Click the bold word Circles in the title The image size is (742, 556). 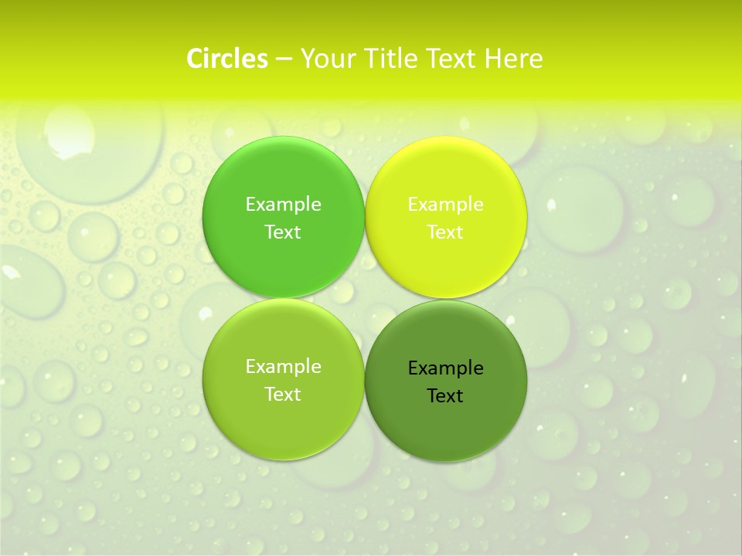227,59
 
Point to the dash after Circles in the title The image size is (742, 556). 284,59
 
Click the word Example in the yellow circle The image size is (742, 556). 445,205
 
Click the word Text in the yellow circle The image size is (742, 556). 445,232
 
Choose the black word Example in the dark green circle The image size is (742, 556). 445,368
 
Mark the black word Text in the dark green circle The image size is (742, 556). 445,396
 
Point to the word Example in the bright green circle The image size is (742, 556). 283,205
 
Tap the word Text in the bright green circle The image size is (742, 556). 283,232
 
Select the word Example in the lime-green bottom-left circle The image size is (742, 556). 283,367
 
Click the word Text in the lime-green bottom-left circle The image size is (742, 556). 283,395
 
